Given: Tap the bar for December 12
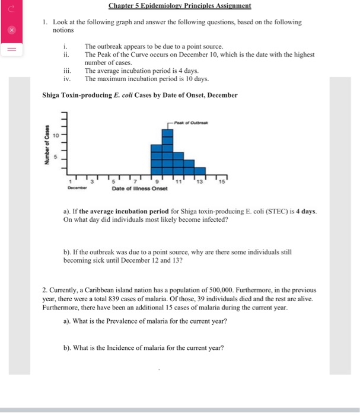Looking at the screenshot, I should [x=189, y=166].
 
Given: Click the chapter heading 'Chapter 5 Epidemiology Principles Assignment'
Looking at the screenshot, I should [x=180, y=6].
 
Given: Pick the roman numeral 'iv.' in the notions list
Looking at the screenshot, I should [x=67, y=78].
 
